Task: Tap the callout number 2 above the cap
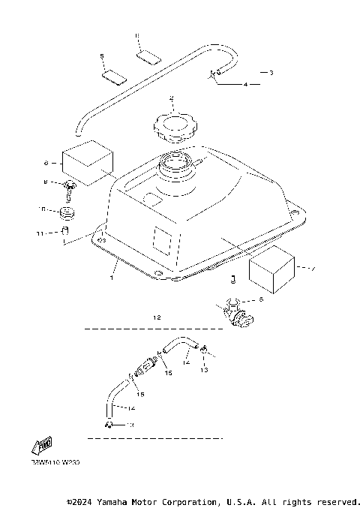(x=171, y=98)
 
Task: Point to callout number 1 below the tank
(x=112, y=278)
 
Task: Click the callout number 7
(x=313, y=267)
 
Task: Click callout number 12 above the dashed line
(x=157, y=317)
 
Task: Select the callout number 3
(x=271, y=73)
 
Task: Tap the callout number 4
(x=245, y=85)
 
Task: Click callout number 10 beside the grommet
(x=43, y=209)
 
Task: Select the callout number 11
(x=43, y=233)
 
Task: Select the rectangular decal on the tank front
(x=163, y=239)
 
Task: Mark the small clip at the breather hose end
(x=214, y=74)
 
